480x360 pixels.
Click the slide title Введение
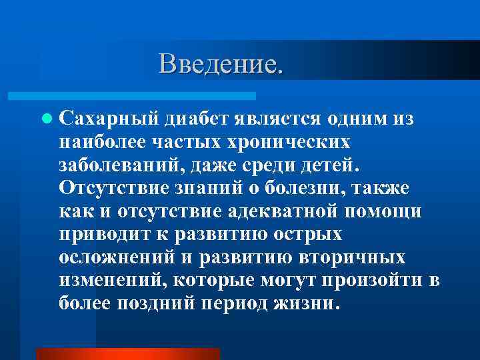221,64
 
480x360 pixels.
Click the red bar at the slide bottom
127,353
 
